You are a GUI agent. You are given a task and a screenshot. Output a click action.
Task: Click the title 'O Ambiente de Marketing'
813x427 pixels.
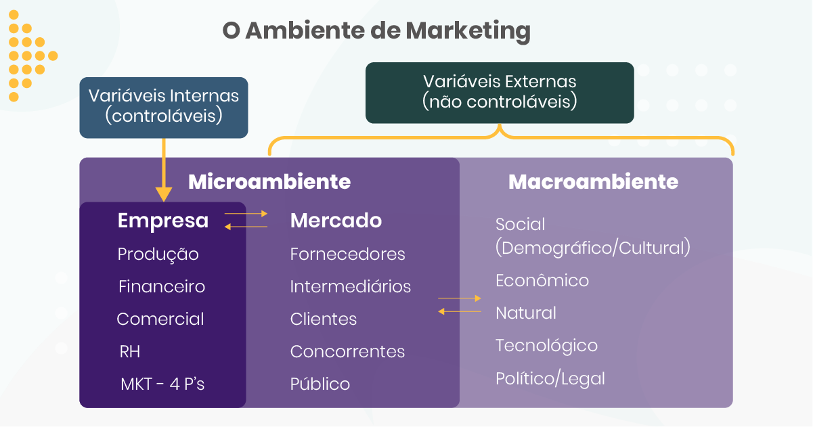pos(376,31)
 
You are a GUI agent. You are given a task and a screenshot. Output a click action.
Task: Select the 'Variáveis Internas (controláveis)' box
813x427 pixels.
pos(164,106)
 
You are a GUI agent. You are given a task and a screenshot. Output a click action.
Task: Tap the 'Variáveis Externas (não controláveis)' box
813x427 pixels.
pos(500,92)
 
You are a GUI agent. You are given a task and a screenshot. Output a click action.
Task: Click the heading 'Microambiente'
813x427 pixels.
pos(269,182)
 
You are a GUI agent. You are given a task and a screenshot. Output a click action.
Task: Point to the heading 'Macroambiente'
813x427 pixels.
pos(593,182)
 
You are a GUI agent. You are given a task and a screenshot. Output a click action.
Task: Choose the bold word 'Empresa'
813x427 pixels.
pos(163,221)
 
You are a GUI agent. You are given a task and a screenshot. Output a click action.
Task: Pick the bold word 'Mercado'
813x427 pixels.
pos(336,221)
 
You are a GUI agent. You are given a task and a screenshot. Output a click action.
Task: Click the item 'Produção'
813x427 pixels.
pos(158,254)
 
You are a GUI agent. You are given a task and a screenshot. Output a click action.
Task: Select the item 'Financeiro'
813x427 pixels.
pos(162,287)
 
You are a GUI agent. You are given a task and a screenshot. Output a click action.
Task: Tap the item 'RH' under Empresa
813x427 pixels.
pos(130,352)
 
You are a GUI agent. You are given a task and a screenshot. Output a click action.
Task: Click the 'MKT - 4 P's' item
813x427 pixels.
pos(162,384)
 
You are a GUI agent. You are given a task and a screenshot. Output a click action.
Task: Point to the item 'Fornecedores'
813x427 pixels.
pos(347,254)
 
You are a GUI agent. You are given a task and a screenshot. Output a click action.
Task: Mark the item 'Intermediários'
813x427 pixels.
pos(350,287)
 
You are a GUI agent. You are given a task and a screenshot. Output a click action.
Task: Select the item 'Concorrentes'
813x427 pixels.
pos(347,352)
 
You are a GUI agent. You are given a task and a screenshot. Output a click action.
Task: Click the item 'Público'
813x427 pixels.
pos(320,384)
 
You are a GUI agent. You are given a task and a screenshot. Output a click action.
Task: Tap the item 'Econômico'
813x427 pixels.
pos(542,281)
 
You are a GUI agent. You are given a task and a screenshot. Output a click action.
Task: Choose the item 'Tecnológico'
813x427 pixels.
pos(546,346)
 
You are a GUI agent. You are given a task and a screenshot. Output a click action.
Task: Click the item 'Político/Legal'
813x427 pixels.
pos(550,378)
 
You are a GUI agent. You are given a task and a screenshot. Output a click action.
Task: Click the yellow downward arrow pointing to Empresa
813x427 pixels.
pos(163,169)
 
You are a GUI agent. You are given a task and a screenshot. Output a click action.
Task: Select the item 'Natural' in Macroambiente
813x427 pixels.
pos(526,313)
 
